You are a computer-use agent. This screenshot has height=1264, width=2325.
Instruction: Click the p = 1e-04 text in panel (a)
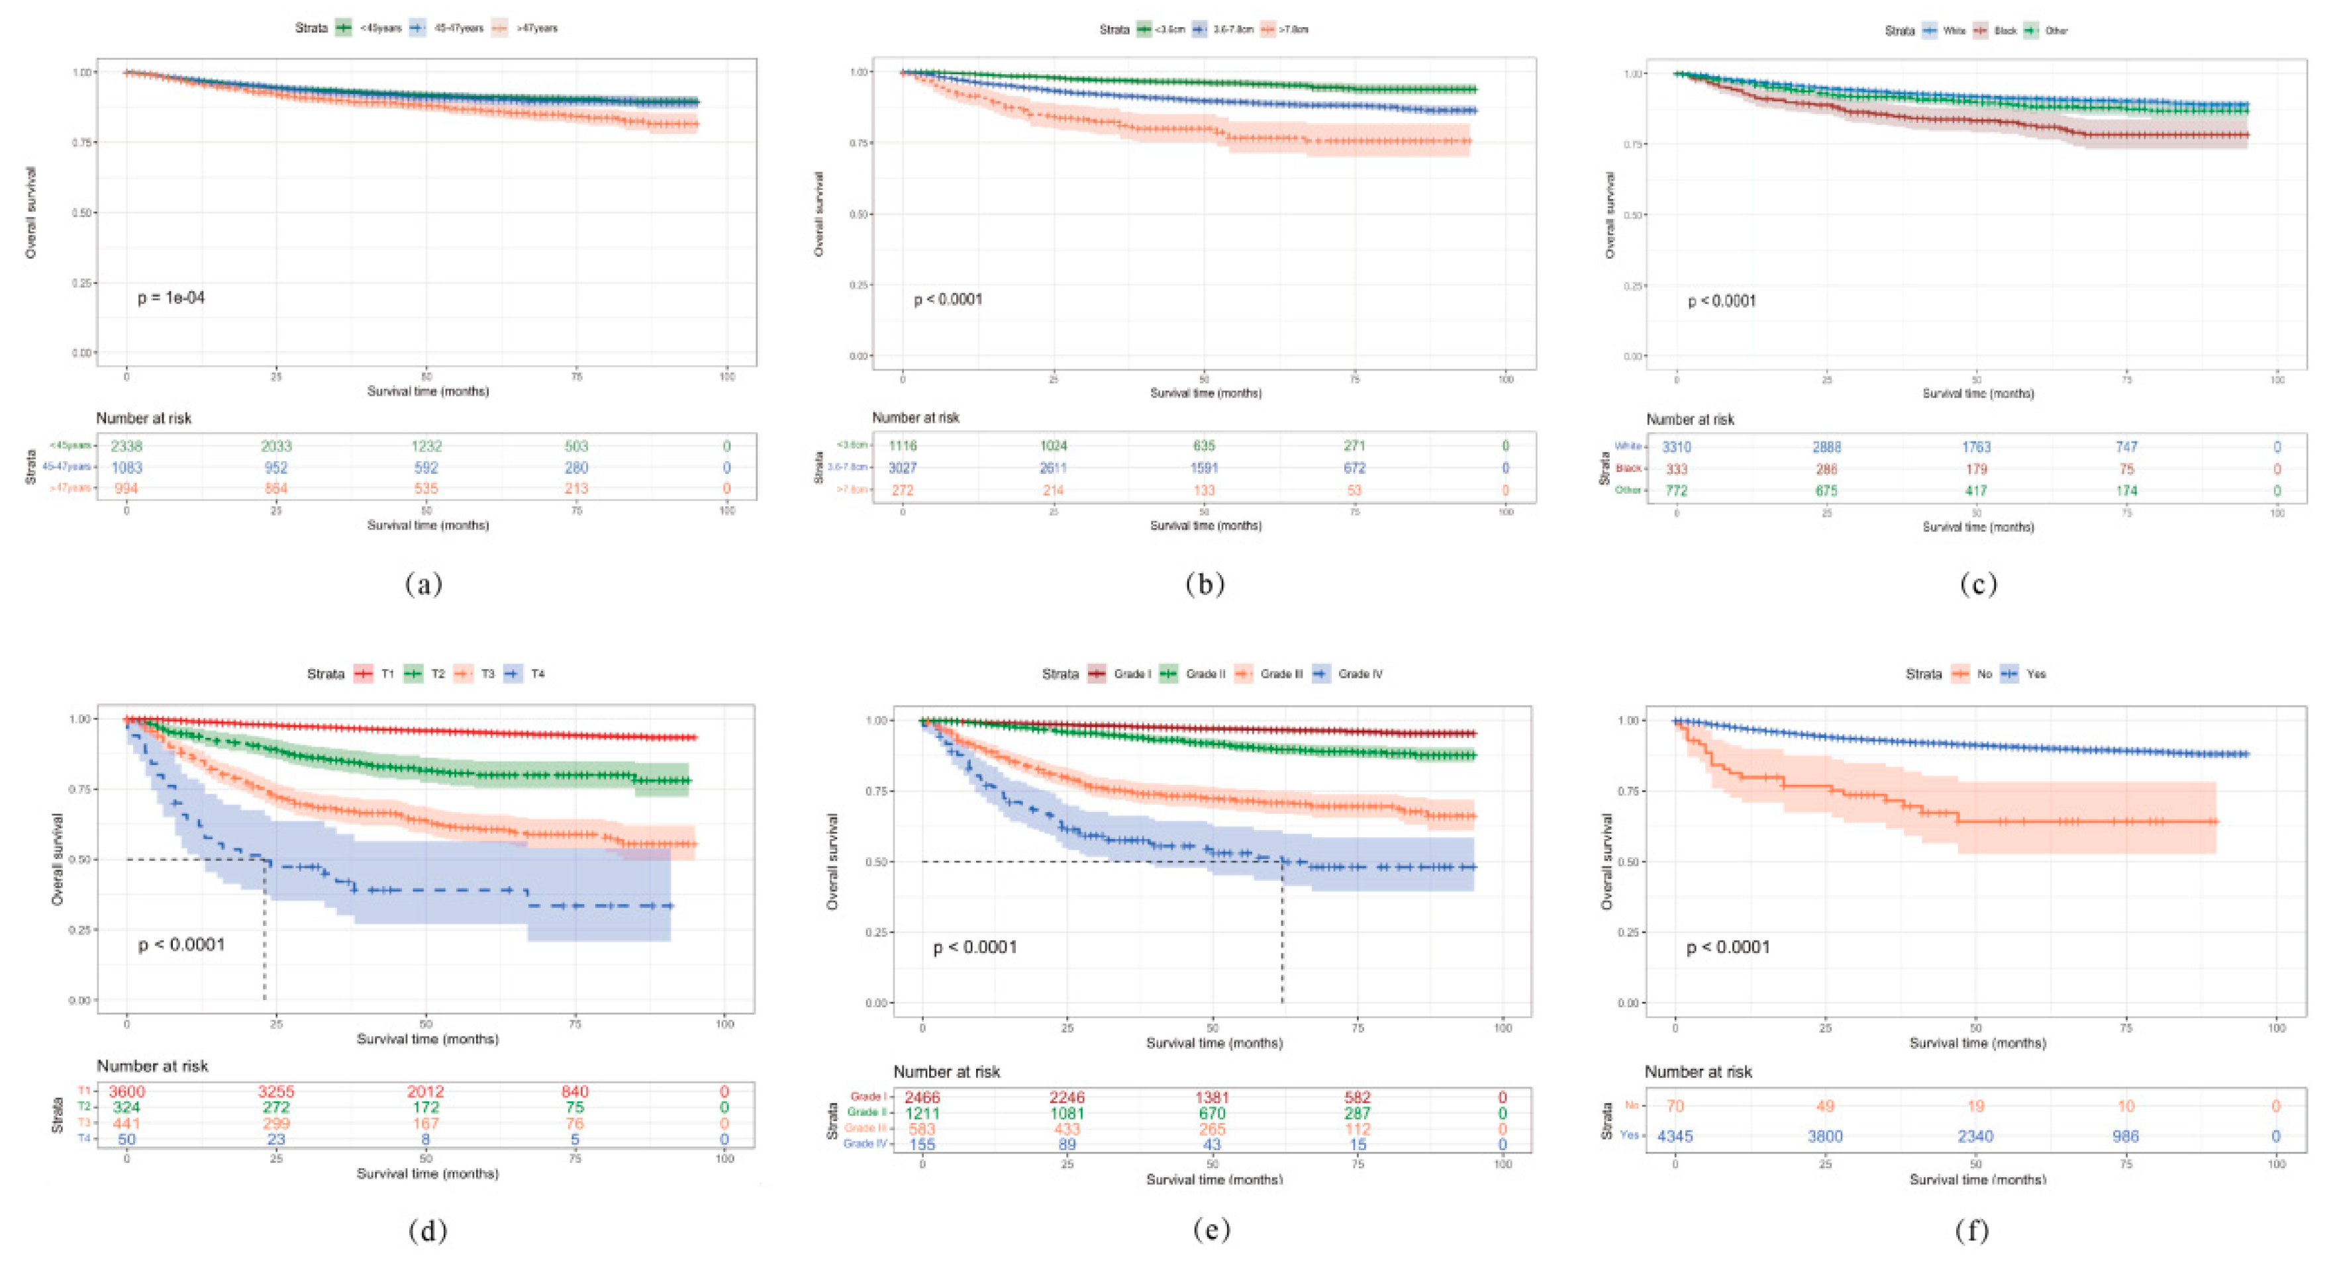171,298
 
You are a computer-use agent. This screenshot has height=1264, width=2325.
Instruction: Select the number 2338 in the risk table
126,445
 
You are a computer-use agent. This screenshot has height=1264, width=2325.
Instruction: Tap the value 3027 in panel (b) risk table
903,467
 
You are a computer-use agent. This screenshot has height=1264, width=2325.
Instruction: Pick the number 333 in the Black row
1676,469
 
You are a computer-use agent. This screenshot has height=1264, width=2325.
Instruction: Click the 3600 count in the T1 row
126,1092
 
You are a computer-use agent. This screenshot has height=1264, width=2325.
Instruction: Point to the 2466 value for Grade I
922,1097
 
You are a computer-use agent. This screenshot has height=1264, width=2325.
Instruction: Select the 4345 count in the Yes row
1675,1136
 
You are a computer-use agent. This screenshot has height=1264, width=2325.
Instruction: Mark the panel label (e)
1211,1230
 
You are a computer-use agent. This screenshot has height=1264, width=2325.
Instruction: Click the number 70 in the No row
1675,1106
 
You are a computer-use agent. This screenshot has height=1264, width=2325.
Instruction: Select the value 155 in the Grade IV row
922,1145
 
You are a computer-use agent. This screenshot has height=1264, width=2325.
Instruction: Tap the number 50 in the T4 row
126,1140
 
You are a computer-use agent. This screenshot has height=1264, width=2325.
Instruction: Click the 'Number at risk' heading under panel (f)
1698,1072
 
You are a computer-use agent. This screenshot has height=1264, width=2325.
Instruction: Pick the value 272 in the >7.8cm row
903,490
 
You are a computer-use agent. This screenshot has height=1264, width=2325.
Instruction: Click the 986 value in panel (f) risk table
2126,1136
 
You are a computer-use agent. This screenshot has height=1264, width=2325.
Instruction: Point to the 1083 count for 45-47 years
126,467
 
